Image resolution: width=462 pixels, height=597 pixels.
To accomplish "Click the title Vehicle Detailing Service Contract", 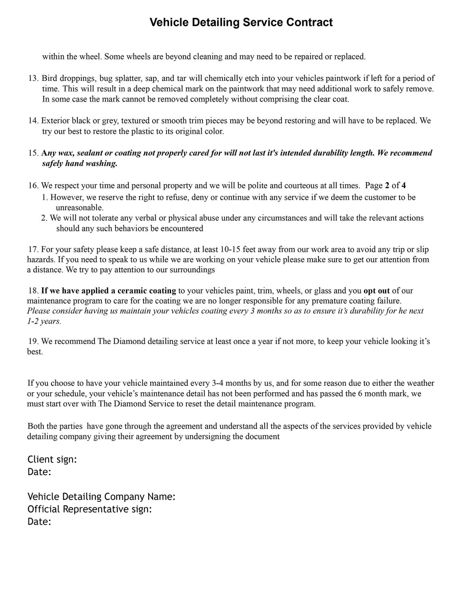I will [x=241, y=22].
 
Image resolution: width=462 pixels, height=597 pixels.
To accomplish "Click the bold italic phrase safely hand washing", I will [x=80, y=164].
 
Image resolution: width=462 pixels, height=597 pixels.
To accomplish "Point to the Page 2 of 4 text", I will [x=385, y=186].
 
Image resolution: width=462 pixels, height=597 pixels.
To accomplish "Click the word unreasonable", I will [x=79, y=208].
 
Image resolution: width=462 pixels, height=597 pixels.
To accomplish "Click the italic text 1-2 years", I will [x=44, y=321].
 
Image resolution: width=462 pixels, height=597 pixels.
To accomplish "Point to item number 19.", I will [x=33, y=341].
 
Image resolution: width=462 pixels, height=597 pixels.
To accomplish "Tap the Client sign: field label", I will [x=52, y=459].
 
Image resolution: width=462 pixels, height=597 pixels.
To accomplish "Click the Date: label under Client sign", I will [x=39, y=472].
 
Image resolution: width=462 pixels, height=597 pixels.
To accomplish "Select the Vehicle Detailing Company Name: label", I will [x=101, y=497].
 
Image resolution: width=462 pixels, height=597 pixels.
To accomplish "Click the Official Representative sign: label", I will [x=90, y=509].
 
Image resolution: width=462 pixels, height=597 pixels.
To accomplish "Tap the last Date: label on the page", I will [x=39, y=522].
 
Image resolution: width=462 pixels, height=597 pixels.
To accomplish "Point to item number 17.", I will [x=33, y=249].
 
